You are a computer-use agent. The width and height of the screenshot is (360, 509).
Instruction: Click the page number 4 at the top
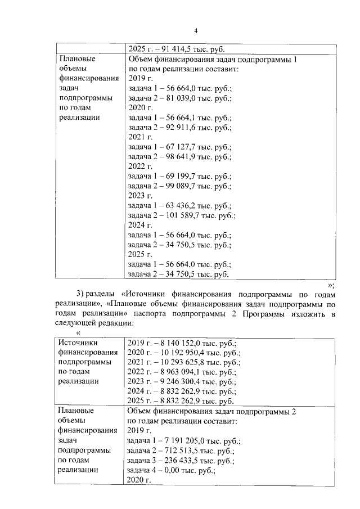click(x=195, y=30)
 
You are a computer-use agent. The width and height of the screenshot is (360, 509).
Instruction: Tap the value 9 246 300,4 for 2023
click(x=182, y=382)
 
